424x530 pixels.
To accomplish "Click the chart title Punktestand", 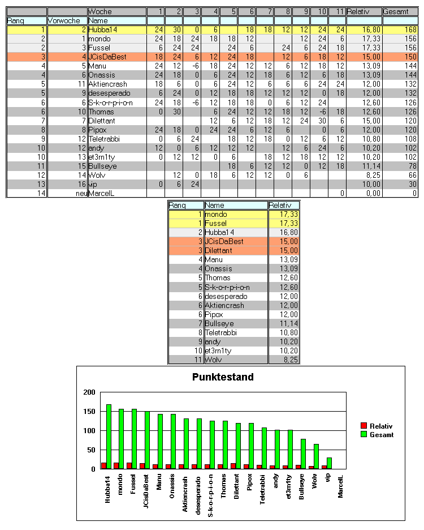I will [x=223, y=377].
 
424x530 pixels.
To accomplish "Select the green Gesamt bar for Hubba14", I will [x=109, y=437].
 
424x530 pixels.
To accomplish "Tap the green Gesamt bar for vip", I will [x=329, y=463].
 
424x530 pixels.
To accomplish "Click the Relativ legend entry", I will [x=381, y=426].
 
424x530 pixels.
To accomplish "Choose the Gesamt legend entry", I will [x=382, y=434].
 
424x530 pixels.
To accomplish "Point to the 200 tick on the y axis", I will [x=89, y=392].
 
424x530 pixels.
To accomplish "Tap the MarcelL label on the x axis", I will [x=341, y=486].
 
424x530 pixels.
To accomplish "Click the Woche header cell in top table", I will [x=101, y=11].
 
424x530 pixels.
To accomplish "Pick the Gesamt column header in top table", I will [x=396, y=11].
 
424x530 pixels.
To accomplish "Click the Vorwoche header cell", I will [x=62, y=20].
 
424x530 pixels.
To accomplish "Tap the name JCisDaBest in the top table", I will [x=107, y=57].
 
